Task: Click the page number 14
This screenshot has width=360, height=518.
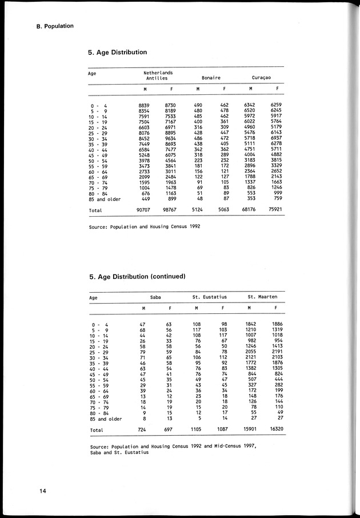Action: coord(42,491)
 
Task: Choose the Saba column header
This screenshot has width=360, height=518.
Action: coord(155,297)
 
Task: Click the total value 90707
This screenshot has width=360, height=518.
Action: coord(144,210)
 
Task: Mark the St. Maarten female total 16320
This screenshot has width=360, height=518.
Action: coord(275,429)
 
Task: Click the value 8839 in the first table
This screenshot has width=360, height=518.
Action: coord(144,106)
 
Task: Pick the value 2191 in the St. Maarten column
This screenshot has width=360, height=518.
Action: coord(276,352)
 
